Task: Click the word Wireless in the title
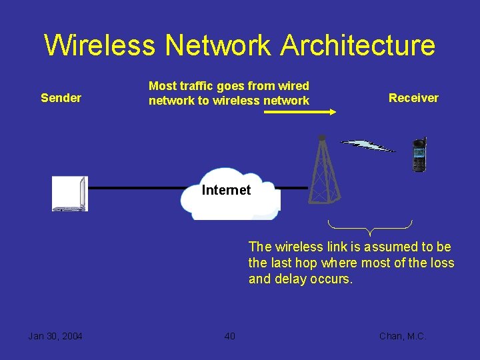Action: [100, 45]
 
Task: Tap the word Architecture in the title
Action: [357, 45]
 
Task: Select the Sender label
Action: [61, 98]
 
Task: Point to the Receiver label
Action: [413, 98]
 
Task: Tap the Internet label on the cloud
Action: [226, 190]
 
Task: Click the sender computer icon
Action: [70, 193]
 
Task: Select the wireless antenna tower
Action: [325, 170]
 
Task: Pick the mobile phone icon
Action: [419, 155]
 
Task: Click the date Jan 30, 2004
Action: [55, 336]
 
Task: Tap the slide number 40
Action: [229, 336]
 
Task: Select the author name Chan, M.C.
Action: [402, 336]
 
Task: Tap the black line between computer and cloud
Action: [133, 189]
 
